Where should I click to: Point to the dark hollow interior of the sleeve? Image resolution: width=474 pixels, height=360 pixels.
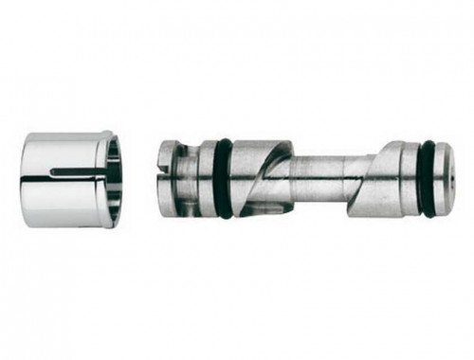[x=115, y=180]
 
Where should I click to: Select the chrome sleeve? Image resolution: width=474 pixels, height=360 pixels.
[x=66, y=180]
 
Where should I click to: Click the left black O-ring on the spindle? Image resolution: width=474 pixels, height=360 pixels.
[x=224, y=179]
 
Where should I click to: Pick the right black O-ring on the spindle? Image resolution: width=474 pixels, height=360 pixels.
[x=428, y=179]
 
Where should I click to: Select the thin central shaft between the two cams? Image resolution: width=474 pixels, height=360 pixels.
[x=318, y=177]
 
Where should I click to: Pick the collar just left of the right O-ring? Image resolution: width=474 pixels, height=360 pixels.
[x=410, y=178]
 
